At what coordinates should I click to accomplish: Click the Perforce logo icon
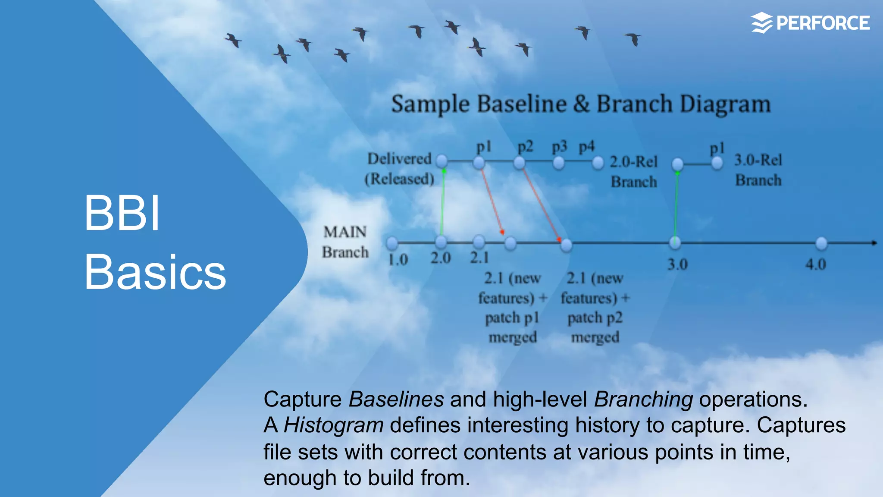[762, 23]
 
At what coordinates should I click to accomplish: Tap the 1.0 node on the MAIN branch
[392, 243]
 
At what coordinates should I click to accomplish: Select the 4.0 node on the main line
[821, 244]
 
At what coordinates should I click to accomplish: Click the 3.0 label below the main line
[677, 264]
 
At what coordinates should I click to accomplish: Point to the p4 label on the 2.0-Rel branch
[586, 147]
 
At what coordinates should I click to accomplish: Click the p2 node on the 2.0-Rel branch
[520, 163]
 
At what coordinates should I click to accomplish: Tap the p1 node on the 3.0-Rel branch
[717, 164]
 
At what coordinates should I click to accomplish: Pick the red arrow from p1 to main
[492, 201]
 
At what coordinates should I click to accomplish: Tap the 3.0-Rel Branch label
[758, 170]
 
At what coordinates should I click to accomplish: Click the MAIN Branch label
[345, 242]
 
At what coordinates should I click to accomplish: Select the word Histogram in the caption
[333, 425]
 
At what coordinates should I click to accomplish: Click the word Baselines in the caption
[396, 399]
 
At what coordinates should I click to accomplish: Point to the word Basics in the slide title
[155, 272]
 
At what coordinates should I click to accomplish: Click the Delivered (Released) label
[399, 169]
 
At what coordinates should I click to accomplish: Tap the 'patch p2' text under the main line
[595, 318]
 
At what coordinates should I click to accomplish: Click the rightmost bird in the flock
[633, 39]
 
